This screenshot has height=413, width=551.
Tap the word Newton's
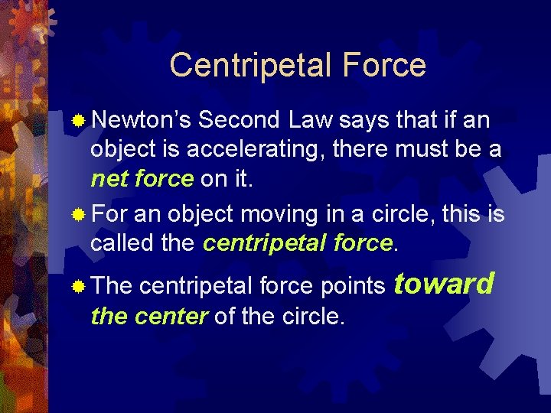pyautogui.click(x=141, y=120)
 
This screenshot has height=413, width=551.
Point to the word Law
pyautogui.click(x=311, y=120)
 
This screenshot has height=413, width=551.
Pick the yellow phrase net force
pyautogui.click(x=142, y=178)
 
